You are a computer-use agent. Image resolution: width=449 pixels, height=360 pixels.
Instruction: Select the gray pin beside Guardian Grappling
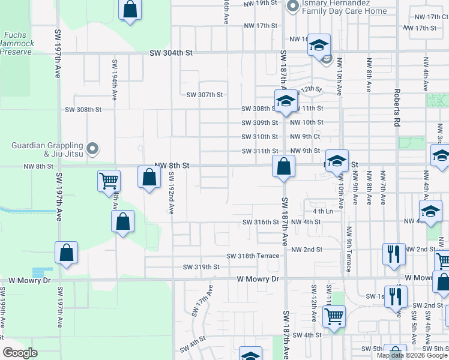pyautogui.click(x=92, y=148)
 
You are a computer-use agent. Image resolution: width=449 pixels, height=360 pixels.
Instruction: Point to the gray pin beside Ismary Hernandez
pyautogui.click(x=293, y=7)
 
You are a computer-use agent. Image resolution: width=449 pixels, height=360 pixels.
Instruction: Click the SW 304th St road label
pyautogui.click(x=171, y=53)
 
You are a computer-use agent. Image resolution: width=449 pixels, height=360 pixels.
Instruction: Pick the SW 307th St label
pyautogui.click(x=204, y=95)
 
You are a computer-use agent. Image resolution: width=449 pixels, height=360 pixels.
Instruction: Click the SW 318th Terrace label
pyautogui.click(x=252, y=256)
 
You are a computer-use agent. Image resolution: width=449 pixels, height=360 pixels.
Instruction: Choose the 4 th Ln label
pyautogui.click(x=322, y=211)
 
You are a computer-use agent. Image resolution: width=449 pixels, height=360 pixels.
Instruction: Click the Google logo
pyautogui.click(x=20, y=353)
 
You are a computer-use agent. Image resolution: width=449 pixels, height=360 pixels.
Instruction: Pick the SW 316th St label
pyautogui.click(x=261, y=222)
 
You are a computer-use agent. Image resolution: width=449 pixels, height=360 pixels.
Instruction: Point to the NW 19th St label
pyautogui.click(x=261, y=3)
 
